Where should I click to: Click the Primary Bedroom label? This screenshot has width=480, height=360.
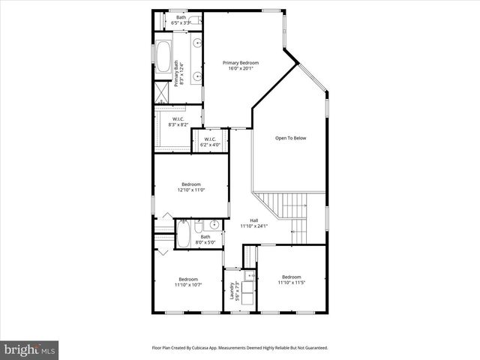coord(241,65)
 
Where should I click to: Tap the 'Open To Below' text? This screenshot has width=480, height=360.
coord(290,138)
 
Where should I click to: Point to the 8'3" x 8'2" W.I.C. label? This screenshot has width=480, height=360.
coord(178,122)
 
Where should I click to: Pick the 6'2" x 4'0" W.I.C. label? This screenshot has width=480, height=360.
coord(209,141)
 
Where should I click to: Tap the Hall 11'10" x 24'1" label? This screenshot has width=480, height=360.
coord(253,223)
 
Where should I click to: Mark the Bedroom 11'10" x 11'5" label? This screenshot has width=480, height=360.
coord(291,279)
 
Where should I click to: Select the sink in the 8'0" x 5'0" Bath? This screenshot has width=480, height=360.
coord(214,224)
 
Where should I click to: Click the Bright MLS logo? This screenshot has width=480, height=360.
coord(30,349)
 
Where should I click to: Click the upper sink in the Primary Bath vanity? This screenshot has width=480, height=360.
coord(196,43)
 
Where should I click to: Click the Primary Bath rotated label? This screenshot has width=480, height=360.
coord(177,73)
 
